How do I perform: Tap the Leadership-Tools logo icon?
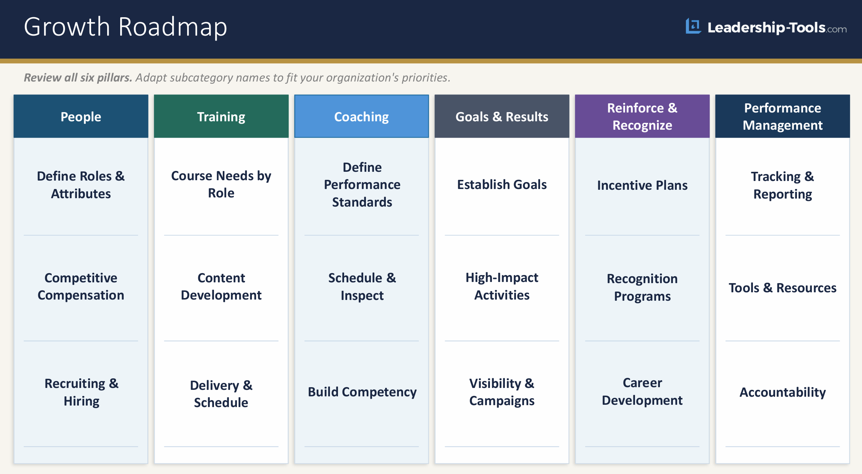(x=693, y=26)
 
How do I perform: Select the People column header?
(x=81, y=117)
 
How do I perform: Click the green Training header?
(x=221, y=117)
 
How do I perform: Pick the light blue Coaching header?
(x=361, y=117)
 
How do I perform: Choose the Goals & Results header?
(x=502, y=117)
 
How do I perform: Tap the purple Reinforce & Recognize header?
(x=642, y=117)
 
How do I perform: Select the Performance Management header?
(x=782, y=117)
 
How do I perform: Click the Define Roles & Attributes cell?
(x=81, y=185)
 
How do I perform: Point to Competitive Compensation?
(x=81, y=287)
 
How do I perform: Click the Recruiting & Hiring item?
(x=81, y=392)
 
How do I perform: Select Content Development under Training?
(x=221, y=287)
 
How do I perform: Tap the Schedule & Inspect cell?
(x=362, y=287)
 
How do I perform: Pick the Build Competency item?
(x=362, y=392)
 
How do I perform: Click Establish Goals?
(x=502, y=185)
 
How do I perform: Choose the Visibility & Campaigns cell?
(x=502, y=392)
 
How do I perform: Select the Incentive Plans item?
(x=642, y=186)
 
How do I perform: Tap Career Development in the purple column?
(x=642, y=391)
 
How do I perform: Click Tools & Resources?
(x=782, y=288)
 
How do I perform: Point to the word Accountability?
(x=782, y=393)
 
